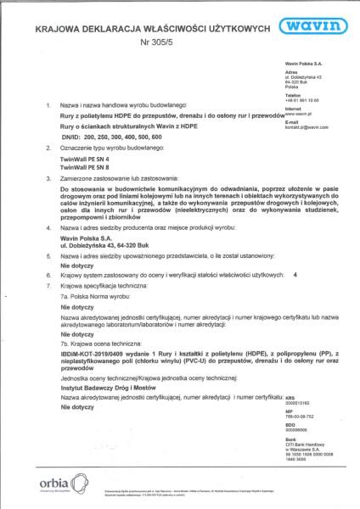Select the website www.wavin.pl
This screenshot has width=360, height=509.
[302, 112]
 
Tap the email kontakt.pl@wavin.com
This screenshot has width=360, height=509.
[307, 126]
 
